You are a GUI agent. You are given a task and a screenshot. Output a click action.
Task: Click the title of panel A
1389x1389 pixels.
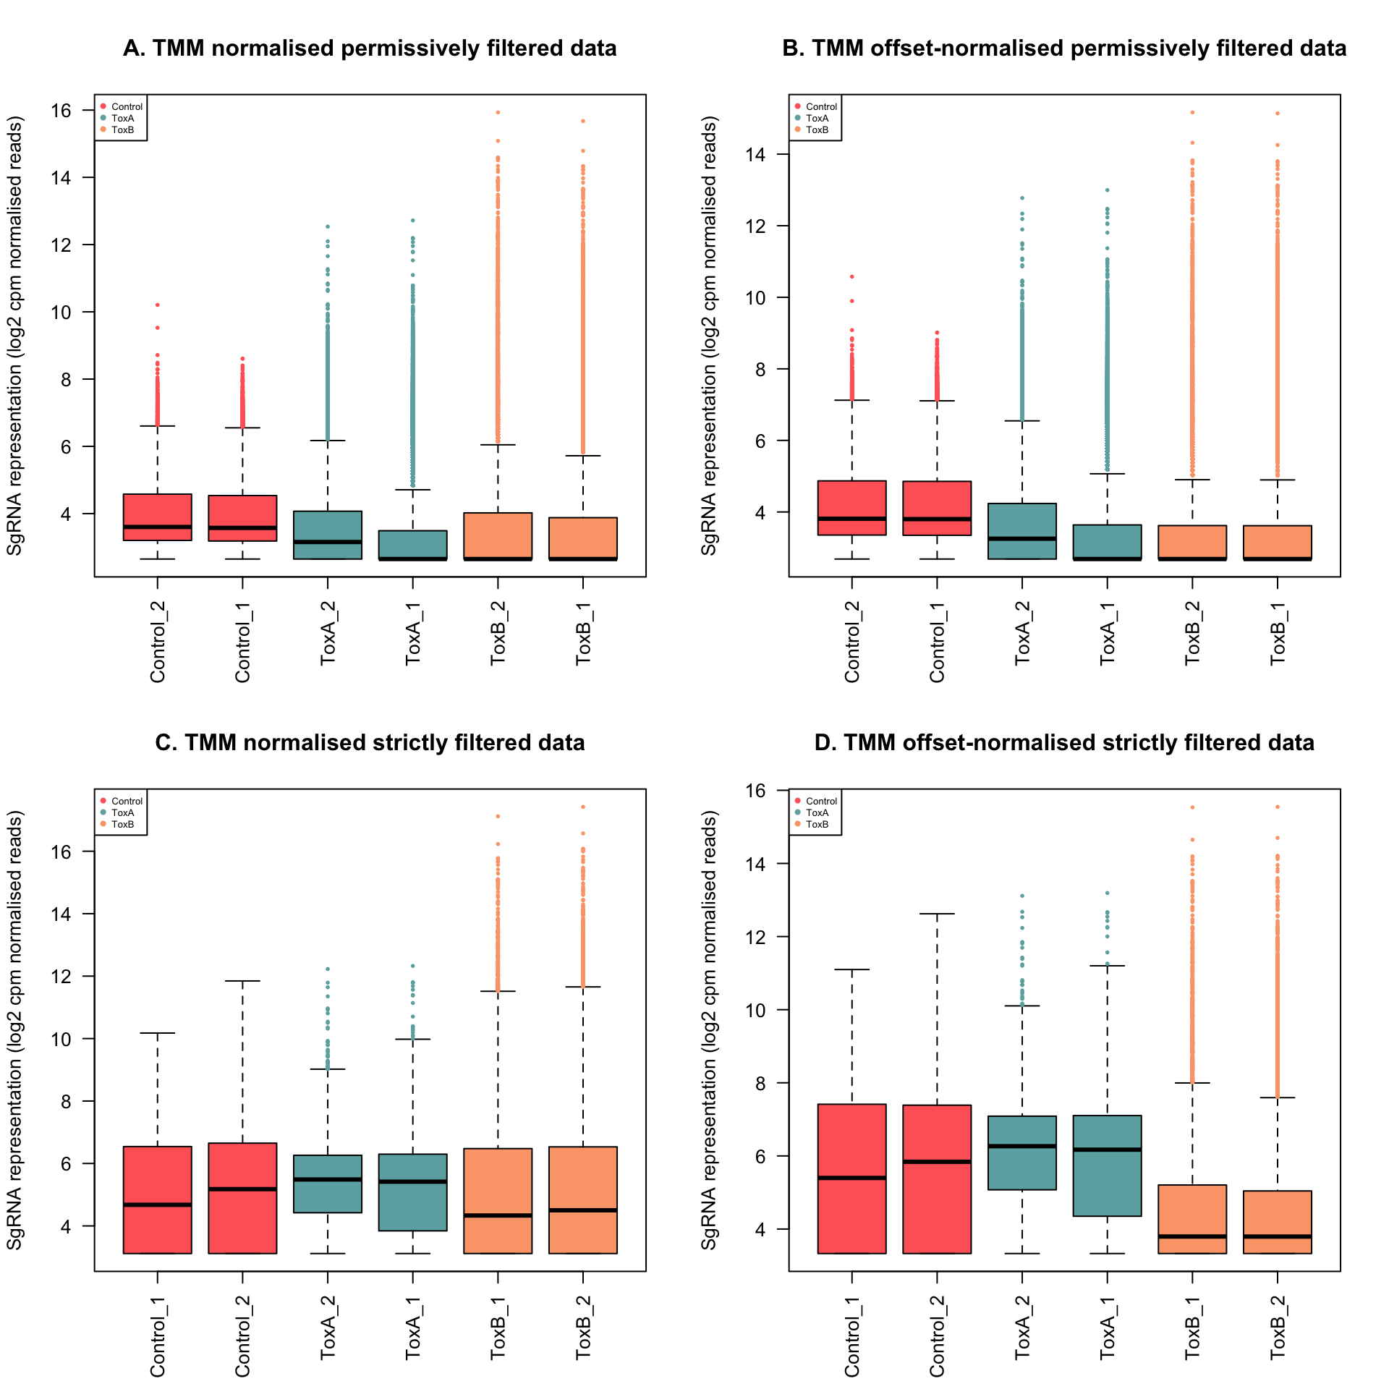point(370,48)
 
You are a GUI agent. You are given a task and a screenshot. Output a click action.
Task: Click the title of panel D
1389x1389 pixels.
point(1064,743)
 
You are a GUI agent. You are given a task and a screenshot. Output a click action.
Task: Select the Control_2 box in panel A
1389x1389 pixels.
point(158,517)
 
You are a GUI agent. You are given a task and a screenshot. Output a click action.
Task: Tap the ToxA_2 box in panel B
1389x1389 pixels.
point(1022,531)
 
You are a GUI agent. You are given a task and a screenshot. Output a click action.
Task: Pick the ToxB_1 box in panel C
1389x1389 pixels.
point(498,1200)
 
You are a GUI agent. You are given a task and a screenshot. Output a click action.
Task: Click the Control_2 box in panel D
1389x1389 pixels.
point(937,1178)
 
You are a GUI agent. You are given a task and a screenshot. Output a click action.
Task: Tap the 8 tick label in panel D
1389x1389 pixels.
point(760,1083)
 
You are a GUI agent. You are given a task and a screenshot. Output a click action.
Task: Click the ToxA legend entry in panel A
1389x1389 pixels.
point(122,119)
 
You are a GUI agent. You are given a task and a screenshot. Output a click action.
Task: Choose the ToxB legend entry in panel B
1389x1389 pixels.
point(817,130)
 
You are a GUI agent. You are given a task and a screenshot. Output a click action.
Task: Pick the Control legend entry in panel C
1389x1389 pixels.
point(127,801)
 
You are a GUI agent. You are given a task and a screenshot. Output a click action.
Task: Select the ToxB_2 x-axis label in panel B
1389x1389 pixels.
point(1192,633)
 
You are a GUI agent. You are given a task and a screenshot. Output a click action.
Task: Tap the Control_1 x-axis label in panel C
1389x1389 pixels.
point(158,1338)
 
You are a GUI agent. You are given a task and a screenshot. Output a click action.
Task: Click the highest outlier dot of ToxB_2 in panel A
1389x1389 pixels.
point(498,112)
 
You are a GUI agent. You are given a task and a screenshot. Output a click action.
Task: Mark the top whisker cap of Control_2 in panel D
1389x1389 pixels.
point(937,914)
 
